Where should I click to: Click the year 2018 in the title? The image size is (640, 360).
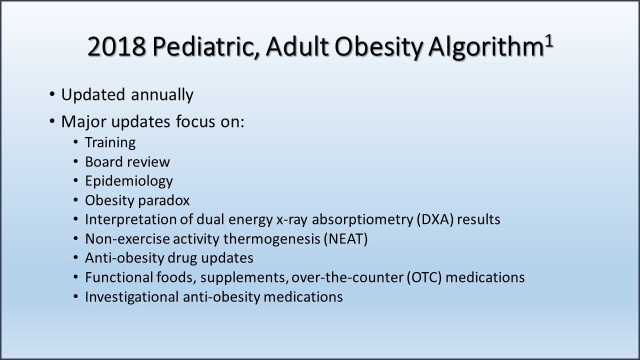[117, 47]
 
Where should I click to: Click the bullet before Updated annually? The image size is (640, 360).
[52, 94]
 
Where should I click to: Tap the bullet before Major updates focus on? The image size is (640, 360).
[52, 122]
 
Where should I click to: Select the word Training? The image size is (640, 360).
[110, 142]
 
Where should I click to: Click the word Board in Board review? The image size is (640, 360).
[103, 162]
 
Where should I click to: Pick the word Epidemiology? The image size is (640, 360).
[128, 181]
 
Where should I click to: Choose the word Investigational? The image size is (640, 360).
[132, 296]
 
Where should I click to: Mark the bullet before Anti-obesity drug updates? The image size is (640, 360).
[75, 258]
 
